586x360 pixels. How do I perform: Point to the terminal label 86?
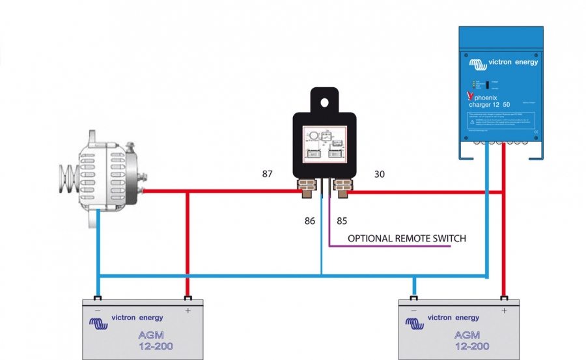tap(309, 221)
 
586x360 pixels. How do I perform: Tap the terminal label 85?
tap(342, 221)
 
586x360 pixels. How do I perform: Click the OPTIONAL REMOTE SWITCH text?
tap(406, 238)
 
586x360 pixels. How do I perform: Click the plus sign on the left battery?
tap(188, 311)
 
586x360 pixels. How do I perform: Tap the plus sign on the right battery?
tap(503, 311)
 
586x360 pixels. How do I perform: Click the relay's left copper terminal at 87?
tap(305, 188)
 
